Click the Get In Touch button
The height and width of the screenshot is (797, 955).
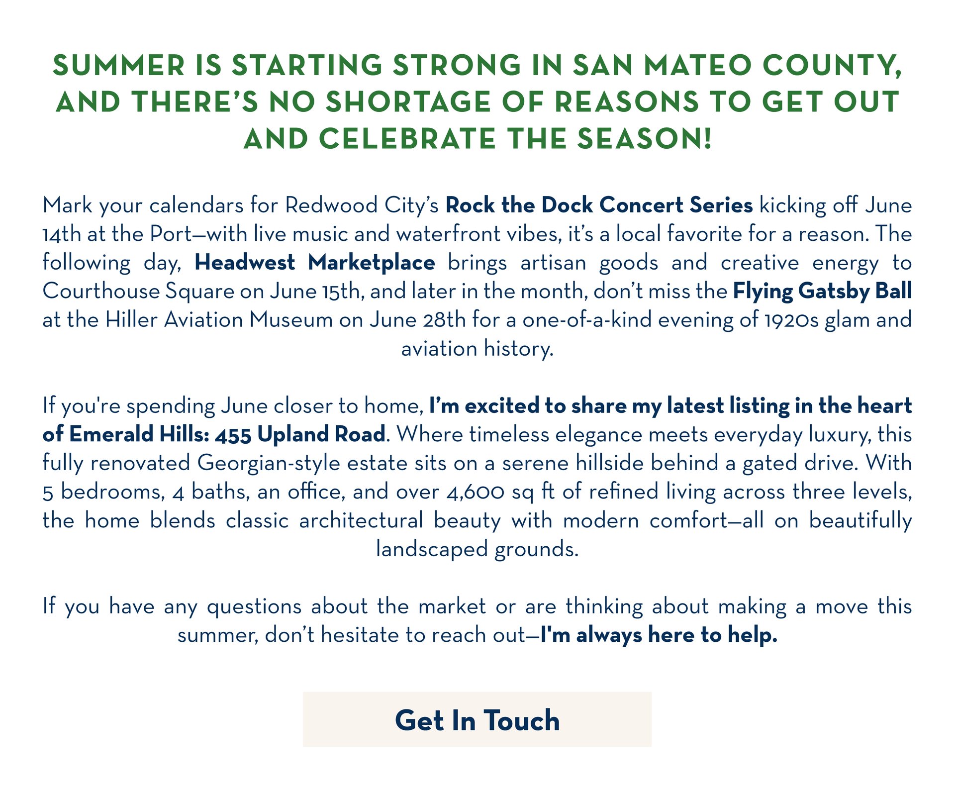(x=477, y=719)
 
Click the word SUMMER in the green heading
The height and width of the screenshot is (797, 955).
(x=118, y=65)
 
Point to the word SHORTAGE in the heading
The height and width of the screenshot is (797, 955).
(x=408, y=102)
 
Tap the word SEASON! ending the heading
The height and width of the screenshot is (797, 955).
(x=645, y=138)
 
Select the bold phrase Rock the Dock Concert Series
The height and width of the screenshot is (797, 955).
(x=599, y=205)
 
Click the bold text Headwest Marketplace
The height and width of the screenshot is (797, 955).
(x=315, y=262)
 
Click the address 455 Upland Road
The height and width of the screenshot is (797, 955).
(x=300, y=434)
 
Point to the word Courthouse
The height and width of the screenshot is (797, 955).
(x=101, y=291)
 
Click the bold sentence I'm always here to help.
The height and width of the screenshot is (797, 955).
(x=659, y=635)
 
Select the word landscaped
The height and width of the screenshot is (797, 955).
(x=432, y=549)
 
